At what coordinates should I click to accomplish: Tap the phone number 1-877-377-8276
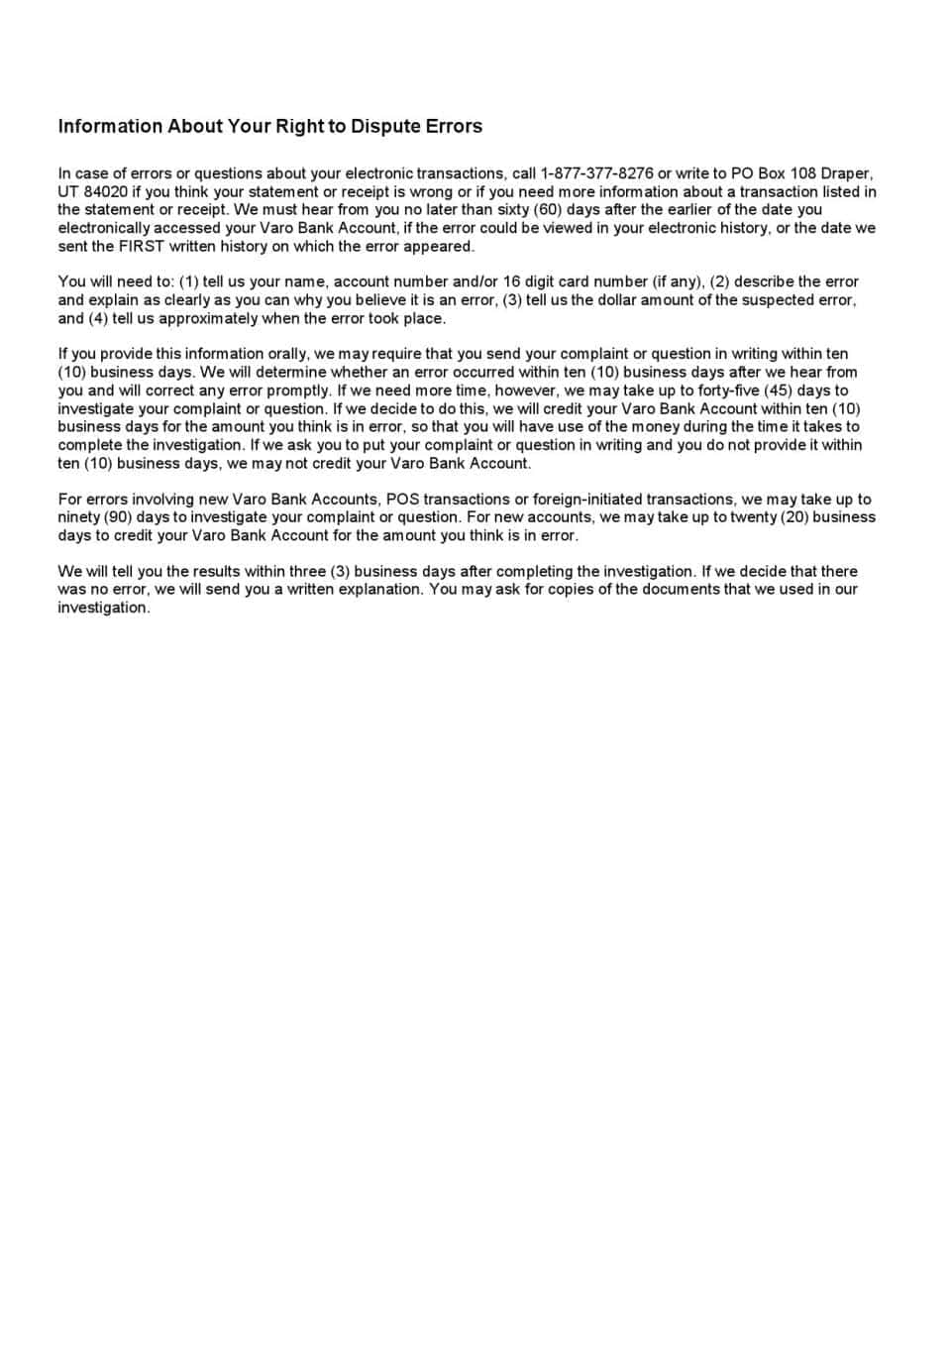click(596, 173)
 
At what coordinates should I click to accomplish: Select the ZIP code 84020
click(106, 191)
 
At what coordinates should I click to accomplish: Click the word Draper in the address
click(845, 173)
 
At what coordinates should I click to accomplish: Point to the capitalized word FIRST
click(142, 246)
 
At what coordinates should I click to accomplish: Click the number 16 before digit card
click(510, 281)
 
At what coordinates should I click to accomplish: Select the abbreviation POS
click(402, 499)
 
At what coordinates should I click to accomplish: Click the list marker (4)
click(97, 318)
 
